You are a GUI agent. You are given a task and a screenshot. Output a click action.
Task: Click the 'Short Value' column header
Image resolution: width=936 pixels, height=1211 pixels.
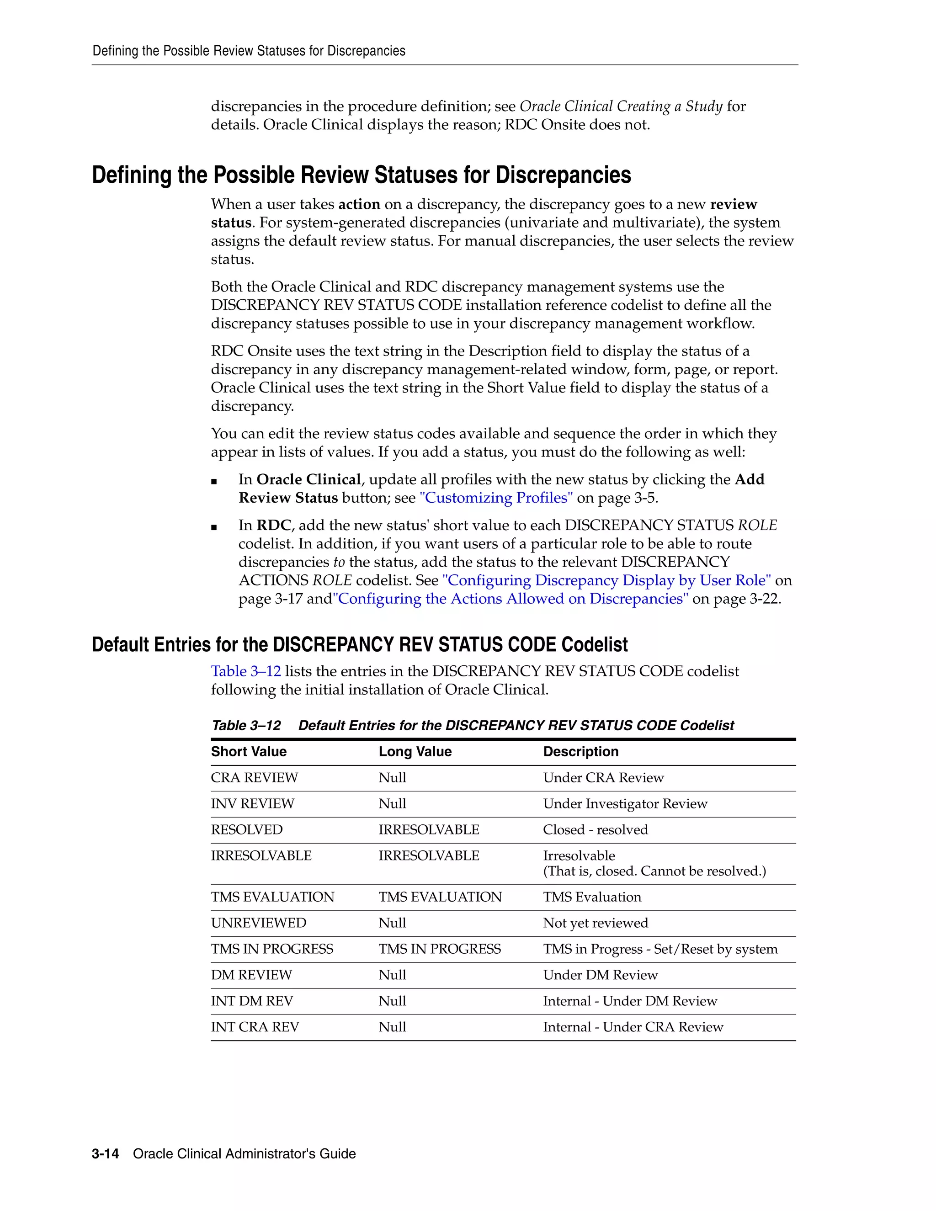(249, 751)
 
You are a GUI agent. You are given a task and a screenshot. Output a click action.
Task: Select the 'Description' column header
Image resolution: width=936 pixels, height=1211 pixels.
(580, 751)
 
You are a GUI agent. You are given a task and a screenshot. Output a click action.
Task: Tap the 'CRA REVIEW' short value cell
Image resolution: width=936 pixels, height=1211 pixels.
(254, 777)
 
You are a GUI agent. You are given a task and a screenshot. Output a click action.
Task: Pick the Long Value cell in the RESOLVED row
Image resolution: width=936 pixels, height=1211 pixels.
(429, 829)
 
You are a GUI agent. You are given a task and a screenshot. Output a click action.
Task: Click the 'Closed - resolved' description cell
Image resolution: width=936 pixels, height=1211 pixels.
(595, 829)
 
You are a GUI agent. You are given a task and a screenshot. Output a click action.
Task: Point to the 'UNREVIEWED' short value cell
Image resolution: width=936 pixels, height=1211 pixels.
(258, 923)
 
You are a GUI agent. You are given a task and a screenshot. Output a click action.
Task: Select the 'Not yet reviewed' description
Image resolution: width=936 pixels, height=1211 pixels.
(595, 923)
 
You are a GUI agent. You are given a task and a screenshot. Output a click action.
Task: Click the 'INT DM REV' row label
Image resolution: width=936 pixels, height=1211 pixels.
(252, 1001)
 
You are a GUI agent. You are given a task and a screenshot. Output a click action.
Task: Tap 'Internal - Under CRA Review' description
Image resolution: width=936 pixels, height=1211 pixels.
(633, 1027)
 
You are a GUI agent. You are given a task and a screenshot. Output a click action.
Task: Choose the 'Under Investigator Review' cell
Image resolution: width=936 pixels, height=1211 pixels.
(625, 803)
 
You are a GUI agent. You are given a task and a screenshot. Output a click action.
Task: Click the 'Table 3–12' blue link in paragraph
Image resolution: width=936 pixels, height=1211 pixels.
(245, 671)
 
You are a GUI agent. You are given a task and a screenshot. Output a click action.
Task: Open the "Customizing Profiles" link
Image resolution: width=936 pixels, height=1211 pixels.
(496, 498)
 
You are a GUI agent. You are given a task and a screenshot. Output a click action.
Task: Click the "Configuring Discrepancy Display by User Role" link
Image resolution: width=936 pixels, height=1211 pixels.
(606, 580)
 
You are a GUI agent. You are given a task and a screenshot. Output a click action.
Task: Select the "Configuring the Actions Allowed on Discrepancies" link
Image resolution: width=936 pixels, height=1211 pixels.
(510, 599)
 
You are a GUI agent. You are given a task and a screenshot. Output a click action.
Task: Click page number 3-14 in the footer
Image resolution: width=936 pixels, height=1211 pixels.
(106, 1154)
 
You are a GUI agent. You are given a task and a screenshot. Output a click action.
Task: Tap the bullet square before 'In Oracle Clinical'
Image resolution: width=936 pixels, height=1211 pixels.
(214, 482)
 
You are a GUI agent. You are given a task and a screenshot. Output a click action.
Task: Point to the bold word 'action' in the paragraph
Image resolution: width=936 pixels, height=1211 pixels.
(359, 205)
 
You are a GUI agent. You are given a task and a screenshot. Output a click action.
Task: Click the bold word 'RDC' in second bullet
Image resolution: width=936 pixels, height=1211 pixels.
(273, 525)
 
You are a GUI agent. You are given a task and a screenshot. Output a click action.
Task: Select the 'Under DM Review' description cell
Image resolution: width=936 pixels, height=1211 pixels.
(600, 975)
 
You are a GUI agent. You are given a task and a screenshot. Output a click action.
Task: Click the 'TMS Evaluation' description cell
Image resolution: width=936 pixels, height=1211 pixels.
(592, 897)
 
